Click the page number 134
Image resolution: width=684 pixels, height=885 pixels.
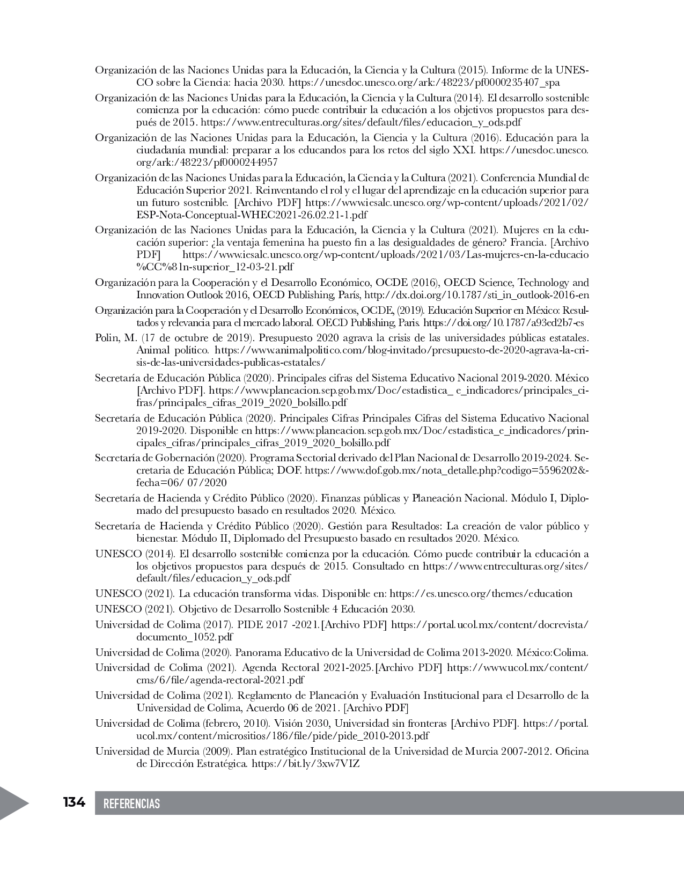tap(74, 802)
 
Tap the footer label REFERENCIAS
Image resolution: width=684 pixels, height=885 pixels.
tap(131, 803)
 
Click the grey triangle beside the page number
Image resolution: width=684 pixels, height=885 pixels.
tap(13, 803)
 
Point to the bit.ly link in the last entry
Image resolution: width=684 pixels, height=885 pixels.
tap(305, 763)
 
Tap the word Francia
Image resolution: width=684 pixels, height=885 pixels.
tap(536, 242)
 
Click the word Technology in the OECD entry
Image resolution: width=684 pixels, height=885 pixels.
tap(541, 283)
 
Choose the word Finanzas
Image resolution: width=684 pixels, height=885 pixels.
tap(342, 498)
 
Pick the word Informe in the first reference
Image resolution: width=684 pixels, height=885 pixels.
tap(509, 70)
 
